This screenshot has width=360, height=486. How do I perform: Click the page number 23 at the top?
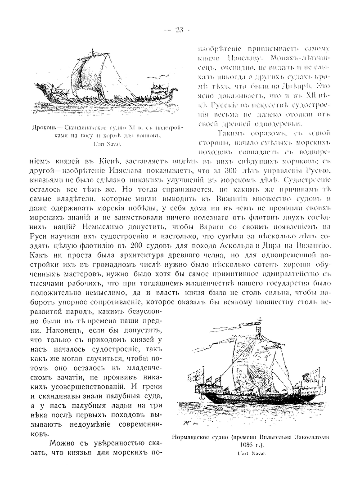[180, 30]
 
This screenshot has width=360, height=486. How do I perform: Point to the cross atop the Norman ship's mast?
[258, 322]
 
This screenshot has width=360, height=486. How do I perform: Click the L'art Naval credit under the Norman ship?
[251, 454]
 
